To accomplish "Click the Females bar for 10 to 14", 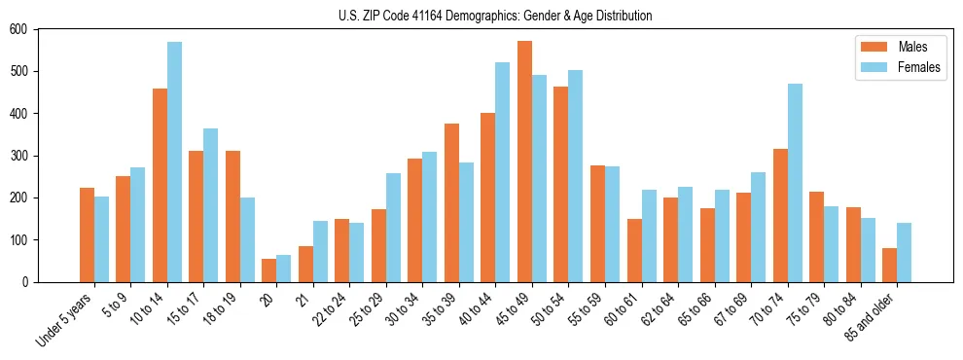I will [x=174, y=162].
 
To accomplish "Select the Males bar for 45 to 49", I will [x=524, y=162].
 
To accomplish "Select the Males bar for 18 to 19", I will [x=232, y=216].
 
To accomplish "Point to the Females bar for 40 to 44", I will [x=503, y=172].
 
